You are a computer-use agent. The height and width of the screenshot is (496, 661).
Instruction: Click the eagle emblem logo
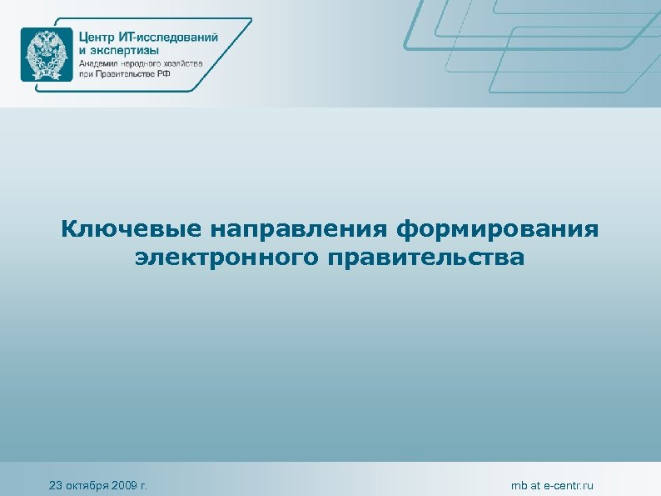[47, 53]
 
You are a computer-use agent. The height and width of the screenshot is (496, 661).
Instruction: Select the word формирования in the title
[499, 228]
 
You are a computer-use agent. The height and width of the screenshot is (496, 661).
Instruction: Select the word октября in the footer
[89, 486]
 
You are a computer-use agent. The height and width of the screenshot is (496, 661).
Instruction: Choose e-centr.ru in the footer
[570, 486]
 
